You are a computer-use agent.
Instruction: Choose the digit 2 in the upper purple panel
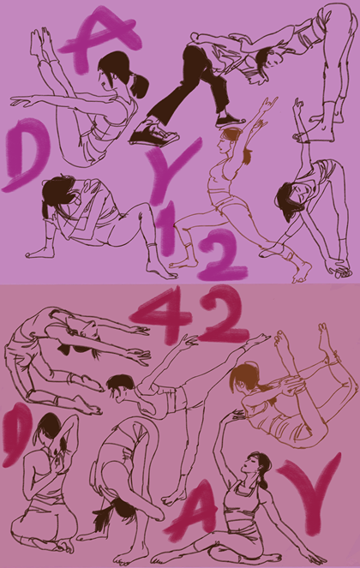click(222, 255)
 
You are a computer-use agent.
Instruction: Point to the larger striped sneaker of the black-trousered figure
click(154, 134)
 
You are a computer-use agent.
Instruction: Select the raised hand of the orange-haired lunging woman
click(269, 104)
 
